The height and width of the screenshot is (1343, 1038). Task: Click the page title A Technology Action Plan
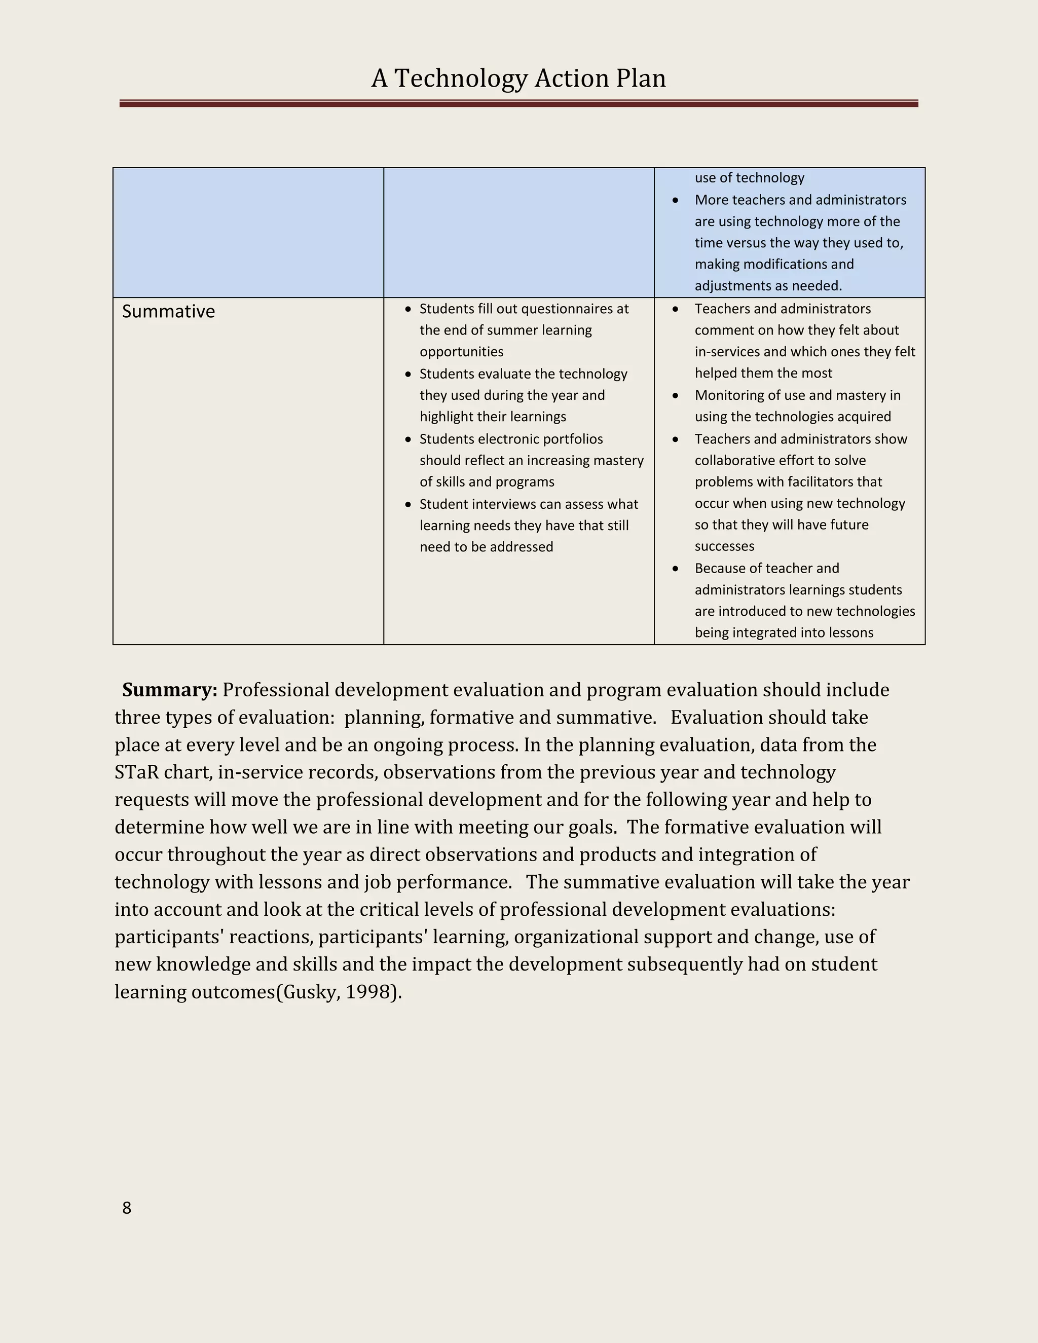(x=518, y=79)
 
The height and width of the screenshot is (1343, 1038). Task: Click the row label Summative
(x=168, y=311)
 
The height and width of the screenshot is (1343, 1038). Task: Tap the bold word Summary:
(x=170, y=689)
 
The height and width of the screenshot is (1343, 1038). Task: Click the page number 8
(x=127, y=1208)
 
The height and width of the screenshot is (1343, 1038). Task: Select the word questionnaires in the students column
(x=566, y=309)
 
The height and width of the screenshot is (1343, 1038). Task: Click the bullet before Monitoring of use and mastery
(x=675, y=395)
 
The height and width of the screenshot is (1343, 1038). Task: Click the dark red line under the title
(x=518, y=104)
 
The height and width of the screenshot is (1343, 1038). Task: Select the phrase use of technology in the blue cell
(x=749, y=178)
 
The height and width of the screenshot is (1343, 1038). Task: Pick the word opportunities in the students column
(x=461, y=352)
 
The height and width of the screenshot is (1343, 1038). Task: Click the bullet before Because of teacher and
(x=675, y=569)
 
